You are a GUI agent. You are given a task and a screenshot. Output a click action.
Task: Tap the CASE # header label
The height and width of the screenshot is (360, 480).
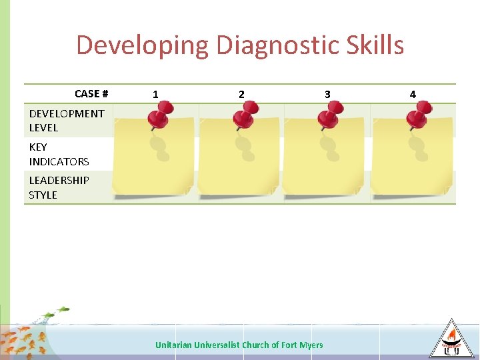tap(91, 94)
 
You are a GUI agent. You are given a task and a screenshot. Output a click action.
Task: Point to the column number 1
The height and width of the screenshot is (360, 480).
tap(155, 95)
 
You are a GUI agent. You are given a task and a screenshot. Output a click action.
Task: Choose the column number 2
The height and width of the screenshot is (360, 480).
tap(241, 95)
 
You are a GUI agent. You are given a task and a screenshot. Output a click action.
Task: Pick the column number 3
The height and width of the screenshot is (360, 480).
tap(327, 95)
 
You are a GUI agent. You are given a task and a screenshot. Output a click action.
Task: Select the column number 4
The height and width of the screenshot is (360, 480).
tap(413, 95)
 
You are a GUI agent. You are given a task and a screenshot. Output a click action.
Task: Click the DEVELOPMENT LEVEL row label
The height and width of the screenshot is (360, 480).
tap(66, 121)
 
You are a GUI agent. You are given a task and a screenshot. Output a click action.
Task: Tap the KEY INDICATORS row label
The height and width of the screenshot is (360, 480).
tap(59, 154)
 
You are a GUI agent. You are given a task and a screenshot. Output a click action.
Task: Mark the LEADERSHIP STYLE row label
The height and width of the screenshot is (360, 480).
tap(59, 187)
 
